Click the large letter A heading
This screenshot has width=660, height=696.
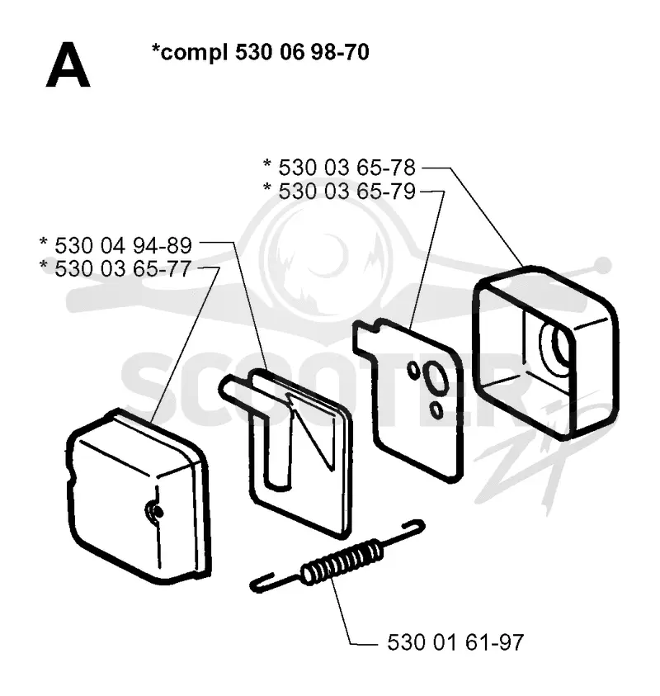(x=68, y=65)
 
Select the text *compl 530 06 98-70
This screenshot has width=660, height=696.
(x=261, y=52)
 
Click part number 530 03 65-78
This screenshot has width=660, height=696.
(x=346, y=168)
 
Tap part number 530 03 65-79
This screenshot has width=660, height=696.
(x=346, y=192)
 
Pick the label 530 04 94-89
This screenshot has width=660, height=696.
(x=123, y=245)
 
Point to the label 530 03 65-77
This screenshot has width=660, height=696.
(x=123, y=268)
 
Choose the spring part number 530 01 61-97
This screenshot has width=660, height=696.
(x=455, y=642)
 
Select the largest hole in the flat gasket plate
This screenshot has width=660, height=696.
(x=435, y=377)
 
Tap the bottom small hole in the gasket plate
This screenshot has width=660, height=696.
(x=436, y=410)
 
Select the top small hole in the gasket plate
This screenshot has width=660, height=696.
(x=413, y=371)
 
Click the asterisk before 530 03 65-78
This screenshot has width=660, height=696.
(x=267, y=164)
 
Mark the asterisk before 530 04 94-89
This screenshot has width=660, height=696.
(x=44, y=242)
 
